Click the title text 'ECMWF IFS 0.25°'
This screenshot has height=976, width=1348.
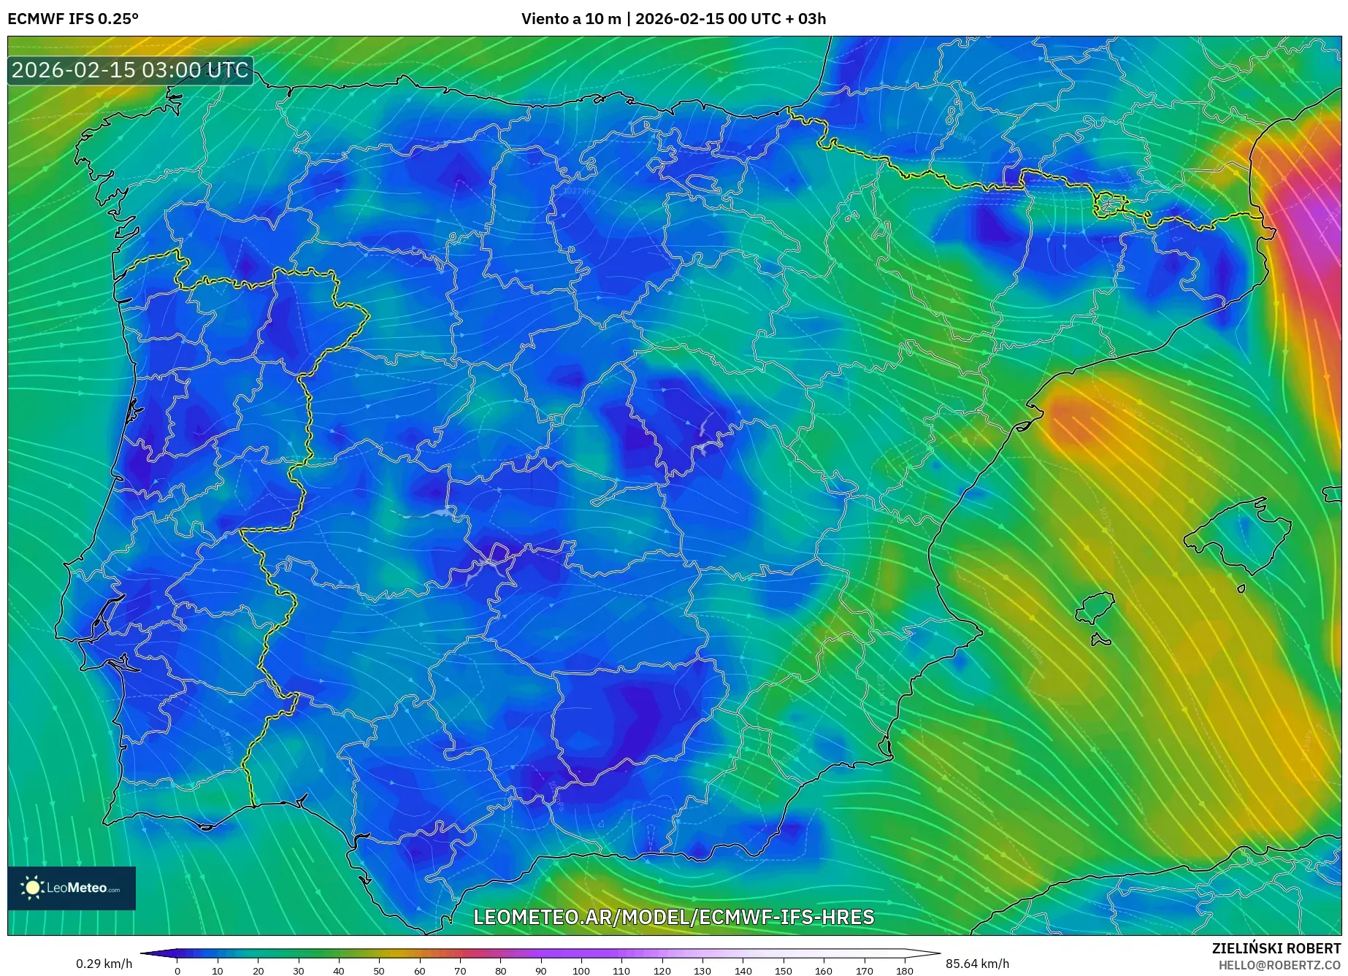[x=73, y=19]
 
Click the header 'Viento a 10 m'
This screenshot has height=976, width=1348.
[x=572, y=19]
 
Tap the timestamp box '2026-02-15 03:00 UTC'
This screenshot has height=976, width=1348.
[x=130, y=71]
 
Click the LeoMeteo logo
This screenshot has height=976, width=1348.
[x=72, y=888]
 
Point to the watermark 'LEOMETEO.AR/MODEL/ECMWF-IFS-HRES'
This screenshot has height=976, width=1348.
[x=673, y=917]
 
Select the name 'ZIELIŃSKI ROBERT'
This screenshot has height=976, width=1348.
[x=1276, y=948]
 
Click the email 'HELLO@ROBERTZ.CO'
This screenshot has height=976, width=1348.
[x=1279, y=965]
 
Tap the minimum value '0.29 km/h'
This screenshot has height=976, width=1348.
[x=104, y=964]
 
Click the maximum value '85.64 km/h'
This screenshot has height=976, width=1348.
[x=977, y=964]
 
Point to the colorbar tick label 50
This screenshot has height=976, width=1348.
[x=378, y=971]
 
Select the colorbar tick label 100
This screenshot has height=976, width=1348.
[x=581, y=971]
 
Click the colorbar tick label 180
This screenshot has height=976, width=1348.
[x=904, y=971]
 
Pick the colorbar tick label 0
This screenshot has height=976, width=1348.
[x=177, y=971]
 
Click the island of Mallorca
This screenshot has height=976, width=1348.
[x=1238, y=537]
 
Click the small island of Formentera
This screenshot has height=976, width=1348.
[x=1100, y=641]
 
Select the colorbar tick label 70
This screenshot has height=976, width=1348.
[x=459, y=971]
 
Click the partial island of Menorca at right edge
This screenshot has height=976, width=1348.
[x=1333, y=494]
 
